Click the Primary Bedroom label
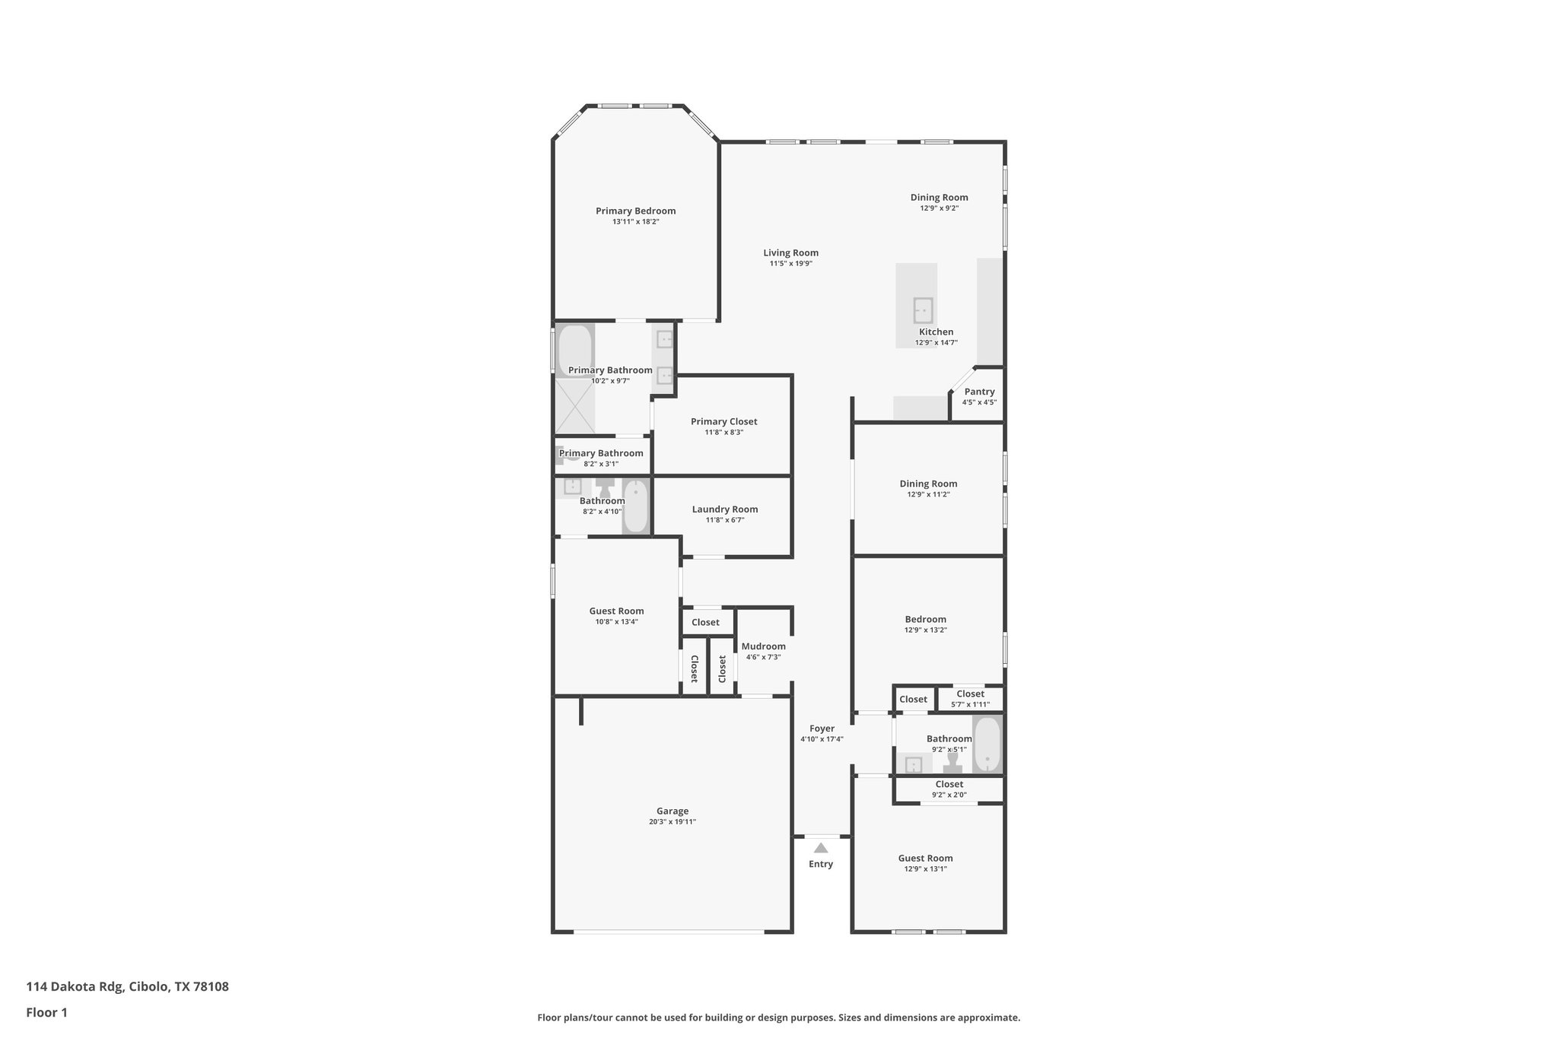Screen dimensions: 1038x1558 [x=635, y=211]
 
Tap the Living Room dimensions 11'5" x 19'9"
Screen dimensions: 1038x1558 [x=790, y=264]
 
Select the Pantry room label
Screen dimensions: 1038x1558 [x=979, y=392]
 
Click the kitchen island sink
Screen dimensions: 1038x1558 [x=923, y=310]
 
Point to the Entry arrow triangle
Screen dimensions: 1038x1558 [x=820, y=848]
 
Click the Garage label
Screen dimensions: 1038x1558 [x=672, y=811]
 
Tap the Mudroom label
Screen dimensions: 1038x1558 [x=763, y=646]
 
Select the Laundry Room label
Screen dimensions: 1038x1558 [x=724, y=509]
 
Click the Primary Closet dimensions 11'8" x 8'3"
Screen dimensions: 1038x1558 [x=724, y=433]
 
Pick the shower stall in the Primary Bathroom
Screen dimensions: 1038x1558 [x=574, y=407]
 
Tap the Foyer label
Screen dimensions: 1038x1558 [x=822, y=729]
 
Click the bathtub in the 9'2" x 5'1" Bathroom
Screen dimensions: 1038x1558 [x=987, y=744]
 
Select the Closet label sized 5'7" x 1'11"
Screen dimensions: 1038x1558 [x=970, y=694]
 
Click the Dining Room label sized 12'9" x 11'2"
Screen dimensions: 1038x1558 [x=928, y=484]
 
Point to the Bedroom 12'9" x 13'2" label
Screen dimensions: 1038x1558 [x=925, y=619]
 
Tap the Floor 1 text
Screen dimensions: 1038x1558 [x=46, y=1013]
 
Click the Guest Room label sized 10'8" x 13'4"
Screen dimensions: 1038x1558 [x=616, y=611]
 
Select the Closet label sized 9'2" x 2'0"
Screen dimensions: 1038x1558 [x=949, y=784]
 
